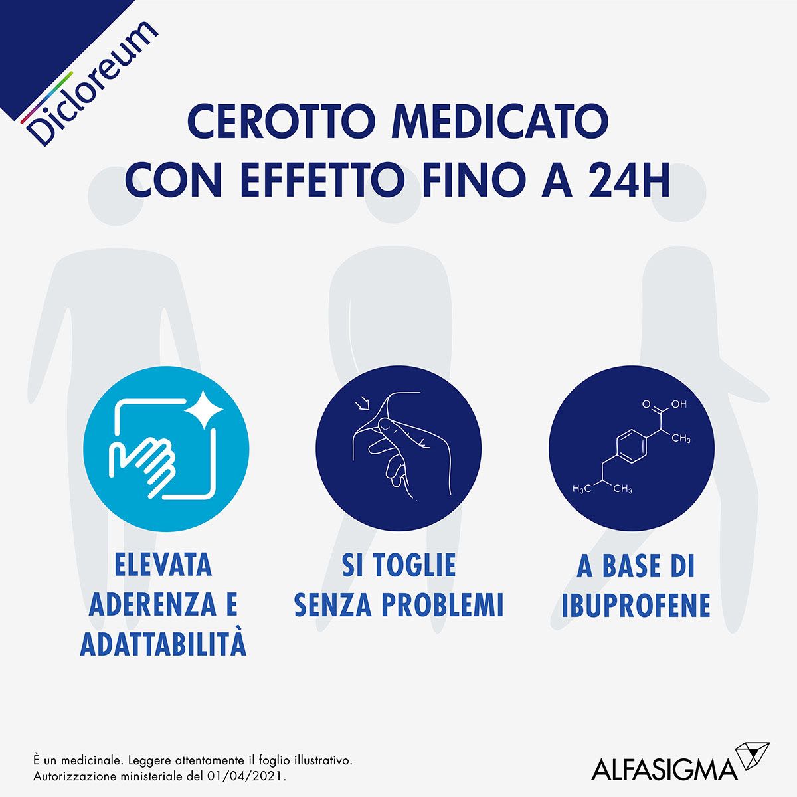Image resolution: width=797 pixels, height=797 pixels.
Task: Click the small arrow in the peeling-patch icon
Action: point(363,404)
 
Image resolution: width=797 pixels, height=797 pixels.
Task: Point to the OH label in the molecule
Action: point(678,404)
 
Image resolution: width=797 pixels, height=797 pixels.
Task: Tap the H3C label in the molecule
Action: point(581,489)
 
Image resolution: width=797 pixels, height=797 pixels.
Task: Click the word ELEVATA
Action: point(163,565)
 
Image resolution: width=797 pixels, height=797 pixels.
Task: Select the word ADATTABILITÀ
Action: point(163,644)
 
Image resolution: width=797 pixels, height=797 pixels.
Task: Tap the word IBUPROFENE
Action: point(636,605)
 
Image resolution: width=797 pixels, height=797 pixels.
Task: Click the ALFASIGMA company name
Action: point(664,770)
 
